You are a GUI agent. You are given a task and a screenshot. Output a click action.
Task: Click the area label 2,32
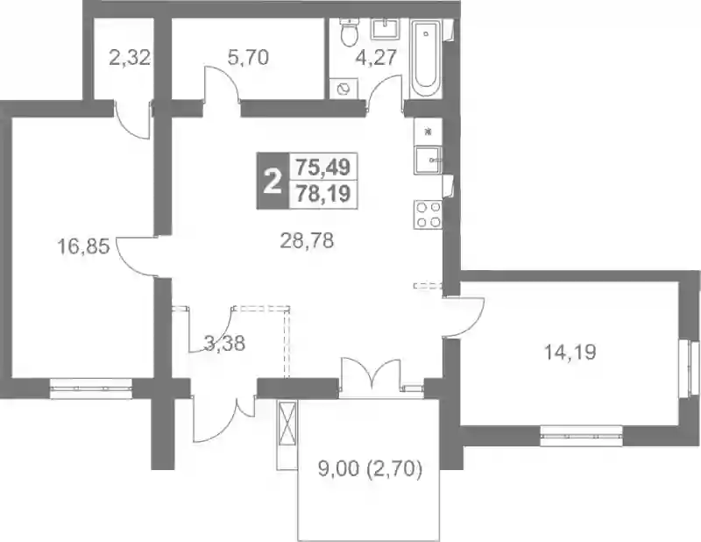pos(129,58)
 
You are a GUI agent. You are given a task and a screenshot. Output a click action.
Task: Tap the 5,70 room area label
pos(248,58)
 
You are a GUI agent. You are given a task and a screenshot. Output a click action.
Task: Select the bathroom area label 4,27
pos(377,58)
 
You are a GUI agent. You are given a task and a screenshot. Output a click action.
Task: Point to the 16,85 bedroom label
pos(83,246)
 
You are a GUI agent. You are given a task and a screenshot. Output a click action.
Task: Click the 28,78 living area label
pos(308,242)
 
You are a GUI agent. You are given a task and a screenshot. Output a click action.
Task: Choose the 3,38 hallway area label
pos(224,344)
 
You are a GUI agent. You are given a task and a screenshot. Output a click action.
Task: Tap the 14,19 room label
pos(570,353)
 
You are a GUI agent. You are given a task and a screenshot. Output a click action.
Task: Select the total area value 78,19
pos(323,195)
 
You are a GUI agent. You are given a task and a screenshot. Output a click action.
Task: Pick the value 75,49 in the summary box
pos(323,168)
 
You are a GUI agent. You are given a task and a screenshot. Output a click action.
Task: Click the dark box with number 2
pos(273,181)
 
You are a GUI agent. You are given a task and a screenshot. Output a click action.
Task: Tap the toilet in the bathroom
pos(348,32)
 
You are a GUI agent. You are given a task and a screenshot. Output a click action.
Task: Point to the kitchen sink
pos(428,160)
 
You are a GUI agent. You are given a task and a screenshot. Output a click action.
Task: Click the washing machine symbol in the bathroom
pos(343,89)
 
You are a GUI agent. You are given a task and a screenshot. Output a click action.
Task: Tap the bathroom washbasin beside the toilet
pos(384,29)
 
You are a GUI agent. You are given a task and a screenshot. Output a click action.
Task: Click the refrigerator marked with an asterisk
pos(428,132)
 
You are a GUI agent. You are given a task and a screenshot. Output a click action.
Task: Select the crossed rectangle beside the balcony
pos(287,424)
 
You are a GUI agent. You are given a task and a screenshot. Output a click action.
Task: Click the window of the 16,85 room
pos(91,388)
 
